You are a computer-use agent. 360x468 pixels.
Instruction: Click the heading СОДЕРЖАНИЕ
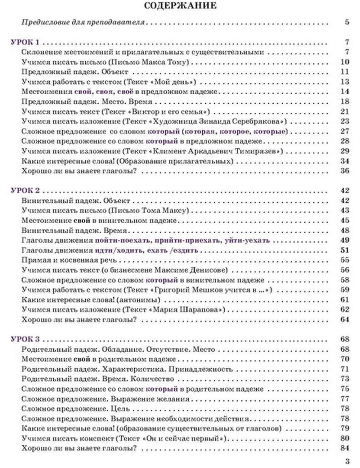180,6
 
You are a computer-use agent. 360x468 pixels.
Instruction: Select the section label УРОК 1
25,42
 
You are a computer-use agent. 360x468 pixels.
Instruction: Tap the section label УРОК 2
25,191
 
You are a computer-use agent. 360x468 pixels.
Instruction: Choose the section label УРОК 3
25,339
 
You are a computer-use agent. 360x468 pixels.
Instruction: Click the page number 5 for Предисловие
347,22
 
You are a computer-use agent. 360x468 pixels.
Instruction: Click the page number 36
345,171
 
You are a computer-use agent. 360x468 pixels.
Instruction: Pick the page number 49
345,240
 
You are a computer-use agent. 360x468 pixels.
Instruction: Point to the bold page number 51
345,250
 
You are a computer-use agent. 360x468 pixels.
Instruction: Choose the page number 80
345,438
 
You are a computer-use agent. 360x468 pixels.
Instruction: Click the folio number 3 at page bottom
347,462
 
